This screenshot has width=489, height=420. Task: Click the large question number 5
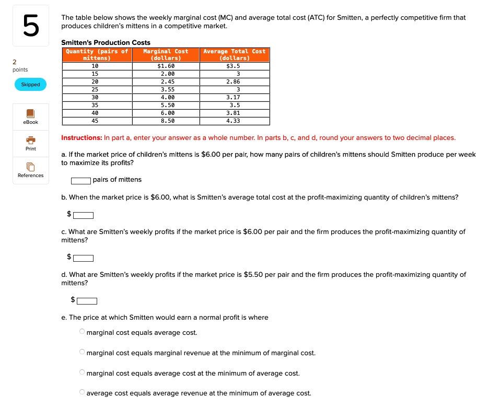click(x=31, y=27)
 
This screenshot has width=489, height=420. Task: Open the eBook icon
click(x=30, y=113)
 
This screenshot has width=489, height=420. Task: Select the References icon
click(x=31, y=167)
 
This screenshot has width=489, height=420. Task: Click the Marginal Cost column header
click(x=166, y=55)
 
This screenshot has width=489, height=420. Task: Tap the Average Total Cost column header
click(x=235, y=55)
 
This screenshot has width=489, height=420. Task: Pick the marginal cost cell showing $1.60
click(x=166, y=66)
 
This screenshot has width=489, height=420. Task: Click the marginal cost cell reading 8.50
click(x=166, y=121)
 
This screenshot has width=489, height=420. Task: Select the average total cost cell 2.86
click(x=234, y=82)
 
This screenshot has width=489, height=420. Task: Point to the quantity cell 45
click(x=95, y=121)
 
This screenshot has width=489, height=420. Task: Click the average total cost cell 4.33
click(x=234, y=121)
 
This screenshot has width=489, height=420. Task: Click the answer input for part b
click(x=84, y=215)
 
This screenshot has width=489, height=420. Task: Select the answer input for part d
click(x=87, y=300)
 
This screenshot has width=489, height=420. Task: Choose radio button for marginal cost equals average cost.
click(x=81, y=332)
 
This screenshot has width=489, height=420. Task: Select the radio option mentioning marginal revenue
click(x=81, y=352)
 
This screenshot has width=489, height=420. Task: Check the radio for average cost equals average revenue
click(x=81, y=392)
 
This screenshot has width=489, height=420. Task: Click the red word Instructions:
click(x=81, y=138)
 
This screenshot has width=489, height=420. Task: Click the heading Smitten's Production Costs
click(x=106, y=42)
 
